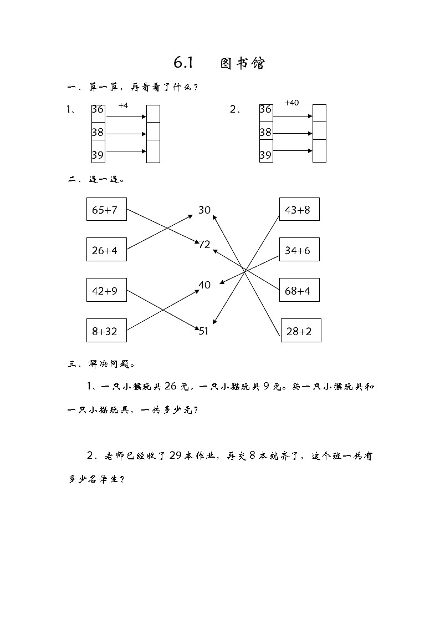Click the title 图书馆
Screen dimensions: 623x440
pos(242,63)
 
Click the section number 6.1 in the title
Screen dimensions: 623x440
pos(182,63)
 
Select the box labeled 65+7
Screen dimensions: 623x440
pos(106,210)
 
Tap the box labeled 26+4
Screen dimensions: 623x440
pos(106,250)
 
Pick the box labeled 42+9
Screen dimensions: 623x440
pos(106,290)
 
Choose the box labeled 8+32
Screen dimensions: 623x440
pos(106,331)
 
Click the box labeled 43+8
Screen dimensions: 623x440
pos(299,210)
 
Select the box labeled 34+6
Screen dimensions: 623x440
pos(299,250)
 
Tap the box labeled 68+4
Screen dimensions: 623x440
pos(299,290)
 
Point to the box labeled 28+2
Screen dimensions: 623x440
pos(301,331)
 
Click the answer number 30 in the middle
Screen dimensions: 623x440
pos(204,210)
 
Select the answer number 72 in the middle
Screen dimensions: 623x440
pos(204,244)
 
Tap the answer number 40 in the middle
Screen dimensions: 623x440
pos(204,285)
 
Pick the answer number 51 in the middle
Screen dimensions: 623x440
pos(204,331)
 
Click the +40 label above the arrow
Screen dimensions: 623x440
pos(291,103)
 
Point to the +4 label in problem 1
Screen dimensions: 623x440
pos(123,105)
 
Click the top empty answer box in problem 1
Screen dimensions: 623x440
pos(153,113)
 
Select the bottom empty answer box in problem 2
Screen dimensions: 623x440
pos(319,151)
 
